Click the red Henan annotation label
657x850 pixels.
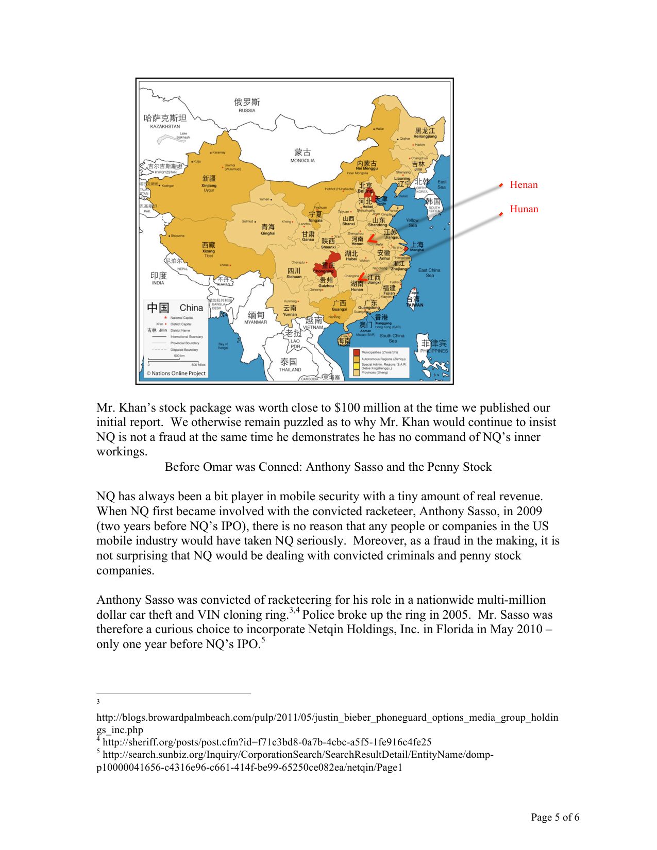[524, 185]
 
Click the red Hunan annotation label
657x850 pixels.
[524, 209]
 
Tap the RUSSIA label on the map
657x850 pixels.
[247, 110]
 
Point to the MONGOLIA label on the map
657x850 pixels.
[302, 161]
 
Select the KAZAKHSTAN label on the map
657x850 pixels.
[165, 126]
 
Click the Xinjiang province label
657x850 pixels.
[209, 185]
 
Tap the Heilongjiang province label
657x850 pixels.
[425, 137]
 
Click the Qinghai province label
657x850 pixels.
[268, 233]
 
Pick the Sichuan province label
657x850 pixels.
[294, 277]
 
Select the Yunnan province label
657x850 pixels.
[290, 314]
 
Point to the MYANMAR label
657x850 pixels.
[256, 322]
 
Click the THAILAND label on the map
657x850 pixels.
[290, 369]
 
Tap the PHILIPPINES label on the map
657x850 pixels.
[434, 351]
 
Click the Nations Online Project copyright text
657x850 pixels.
[176, 373]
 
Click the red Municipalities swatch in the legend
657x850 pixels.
[356, 352]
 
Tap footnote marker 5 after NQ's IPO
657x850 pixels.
[263, 640]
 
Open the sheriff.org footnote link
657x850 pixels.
[267, 742]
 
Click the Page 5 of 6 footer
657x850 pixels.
[555, 817]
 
